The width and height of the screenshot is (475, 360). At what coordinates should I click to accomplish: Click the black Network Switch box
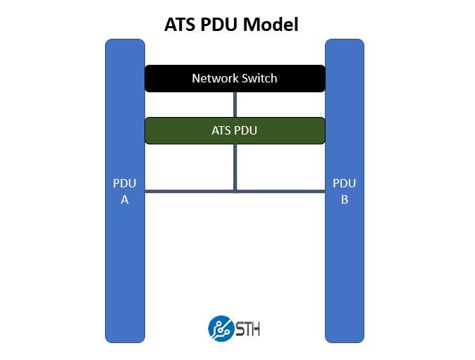(235, 78)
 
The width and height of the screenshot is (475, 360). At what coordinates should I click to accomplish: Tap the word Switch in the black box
(259, 78)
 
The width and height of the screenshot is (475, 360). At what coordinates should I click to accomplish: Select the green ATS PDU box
(235, 130)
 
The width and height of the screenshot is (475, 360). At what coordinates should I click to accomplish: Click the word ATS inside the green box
(221, 130)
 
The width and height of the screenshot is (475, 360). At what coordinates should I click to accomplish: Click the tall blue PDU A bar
(125, 268)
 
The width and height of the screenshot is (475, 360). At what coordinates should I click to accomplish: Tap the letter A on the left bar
(125, 199)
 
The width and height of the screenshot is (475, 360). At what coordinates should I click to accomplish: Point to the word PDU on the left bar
(125, 184)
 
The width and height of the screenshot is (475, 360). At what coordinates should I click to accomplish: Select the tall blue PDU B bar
(345, 268)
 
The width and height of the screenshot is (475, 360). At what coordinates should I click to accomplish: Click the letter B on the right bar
(345, 199)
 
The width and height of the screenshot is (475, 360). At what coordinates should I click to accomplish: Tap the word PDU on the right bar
(345, 184)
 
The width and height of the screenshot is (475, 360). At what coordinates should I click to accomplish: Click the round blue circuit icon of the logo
(221, 328)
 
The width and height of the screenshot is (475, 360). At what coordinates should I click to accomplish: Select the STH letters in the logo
(247, 328)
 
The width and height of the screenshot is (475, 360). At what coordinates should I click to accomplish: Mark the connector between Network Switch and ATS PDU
(235, 104)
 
